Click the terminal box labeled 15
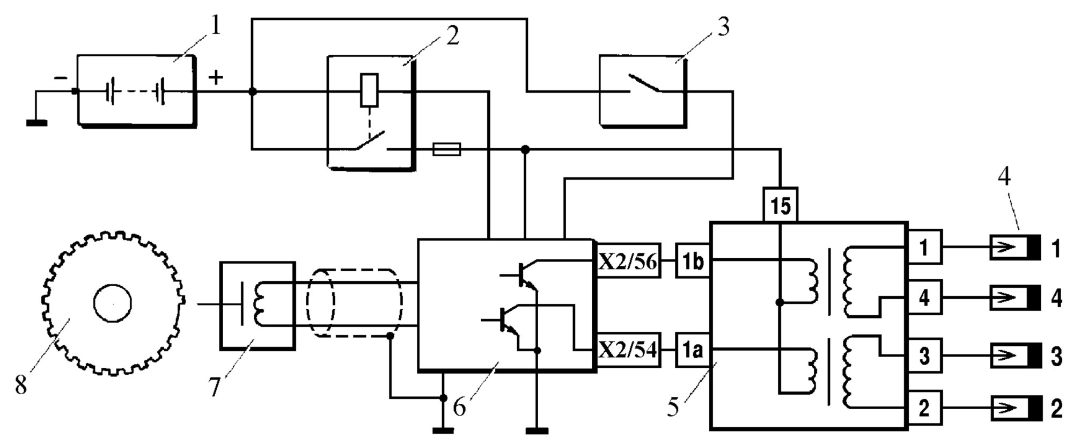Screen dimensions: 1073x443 780,205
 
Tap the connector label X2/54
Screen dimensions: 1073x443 628,350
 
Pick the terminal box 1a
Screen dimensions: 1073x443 693,350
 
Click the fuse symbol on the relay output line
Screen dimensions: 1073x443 446,149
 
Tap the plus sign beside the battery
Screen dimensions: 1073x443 216,77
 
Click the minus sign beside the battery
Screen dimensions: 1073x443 61,78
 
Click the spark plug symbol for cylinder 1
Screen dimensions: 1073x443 1015,248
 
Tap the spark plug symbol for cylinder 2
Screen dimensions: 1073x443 1015,409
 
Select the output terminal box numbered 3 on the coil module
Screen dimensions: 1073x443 924,355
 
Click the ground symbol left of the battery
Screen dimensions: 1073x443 36,123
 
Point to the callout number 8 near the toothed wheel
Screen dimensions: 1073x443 21,384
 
